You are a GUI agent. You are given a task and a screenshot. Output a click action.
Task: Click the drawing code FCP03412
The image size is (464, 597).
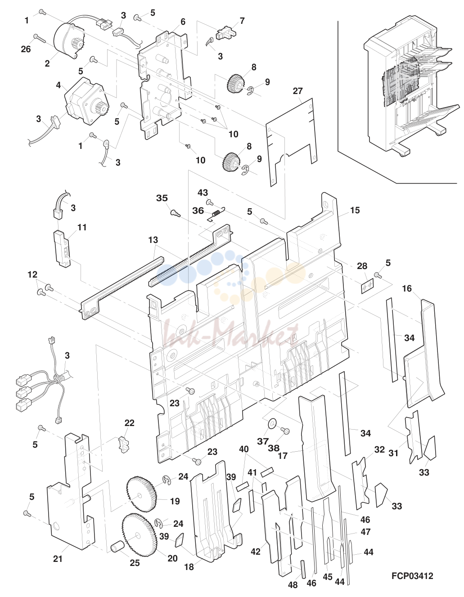(412, 576)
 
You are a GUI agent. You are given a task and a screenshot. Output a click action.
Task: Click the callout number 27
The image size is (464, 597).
(297, 91)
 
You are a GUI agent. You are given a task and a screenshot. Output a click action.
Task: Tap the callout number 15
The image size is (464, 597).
(355, 210)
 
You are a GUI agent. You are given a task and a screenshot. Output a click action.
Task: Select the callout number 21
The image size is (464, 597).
(58, 559)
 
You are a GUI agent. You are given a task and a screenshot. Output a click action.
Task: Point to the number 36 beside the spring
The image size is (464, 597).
(206, 211)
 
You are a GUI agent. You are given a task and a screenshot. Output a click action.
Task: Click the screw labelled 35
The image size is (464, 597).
(174, 213)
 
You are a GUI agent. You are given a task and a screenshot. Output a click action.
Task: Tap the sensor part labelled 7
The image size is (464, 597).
(225, 34)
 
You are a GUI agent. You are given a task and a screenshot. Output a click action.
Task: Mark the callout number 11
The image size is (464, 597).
(82, 227)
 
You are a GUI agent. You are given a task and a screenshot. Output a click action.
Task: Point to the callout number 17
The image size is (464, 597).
(283, 456)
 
